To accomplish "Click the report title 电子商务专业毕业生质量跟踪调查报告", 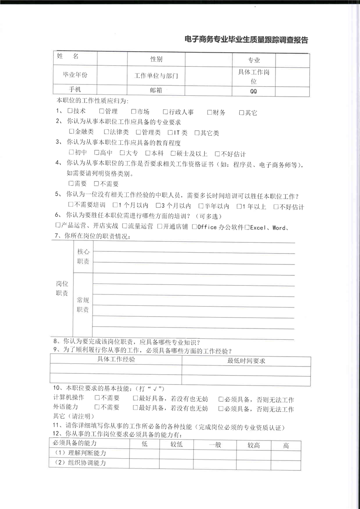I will point(247,40).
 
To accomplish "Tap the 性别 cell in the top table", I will point(156,60).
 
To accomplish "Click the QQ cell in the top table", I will point(253,91).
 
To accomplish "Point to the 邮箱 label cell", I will point(156,90).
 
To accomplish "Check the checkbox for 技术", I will point(70,112).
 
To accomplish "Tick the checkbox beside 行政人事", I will point(165,112).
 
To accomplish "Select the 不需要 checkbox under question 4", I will point(97,184).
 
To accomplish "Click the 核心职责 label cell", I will point(83,256).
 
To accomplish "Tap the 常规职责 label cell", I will point(83,305).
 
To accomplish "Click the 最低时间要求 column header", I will point(246,361).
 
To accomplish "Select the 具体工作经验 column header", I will point(116,360).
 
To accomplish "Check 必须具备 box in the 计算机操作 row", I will point(221,399).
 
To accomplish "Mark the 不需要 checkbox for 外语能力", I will point(97,408).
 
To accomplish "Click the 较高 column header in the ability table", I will point(253,445).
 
